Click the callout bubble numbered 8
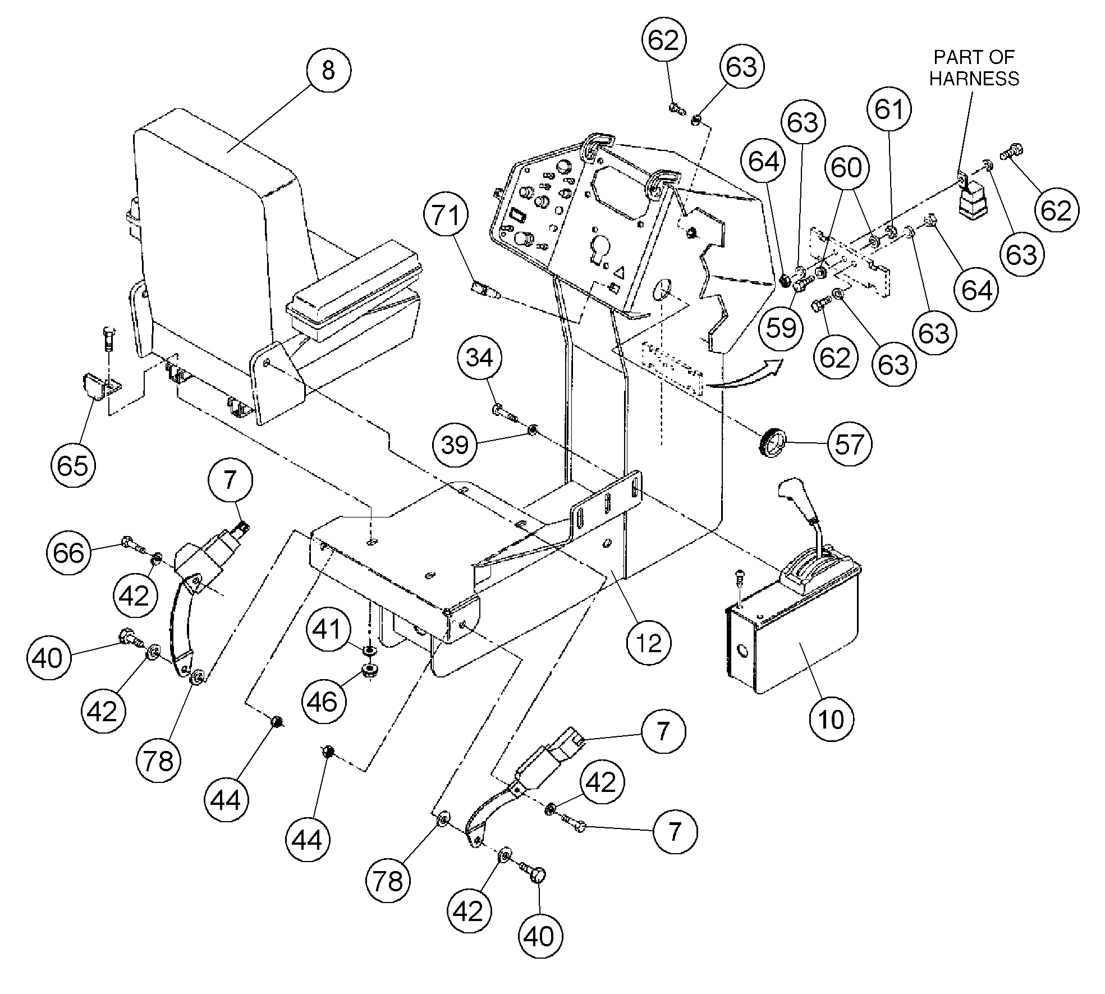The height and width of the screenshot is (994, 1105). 328,70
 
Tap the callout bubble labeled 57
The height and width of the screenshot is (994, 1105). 849,444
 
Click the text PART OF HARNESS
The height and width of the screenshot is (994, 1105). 974,68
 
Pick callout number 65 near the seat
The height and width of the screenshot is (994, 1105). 73,465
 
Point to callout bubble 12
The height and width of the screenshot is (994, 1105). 649,643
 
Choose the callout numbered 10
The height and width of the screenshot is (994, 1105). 831,718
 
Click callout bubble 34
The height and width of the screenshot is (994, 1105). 479,358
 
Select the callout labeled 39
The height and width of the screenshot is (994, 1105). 455,445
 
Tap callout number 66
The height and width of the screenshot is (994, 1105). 68,553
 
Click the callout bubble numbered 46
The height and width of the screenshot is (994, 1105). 323,702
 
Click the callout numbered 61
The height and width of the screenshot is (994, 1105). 891,109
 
